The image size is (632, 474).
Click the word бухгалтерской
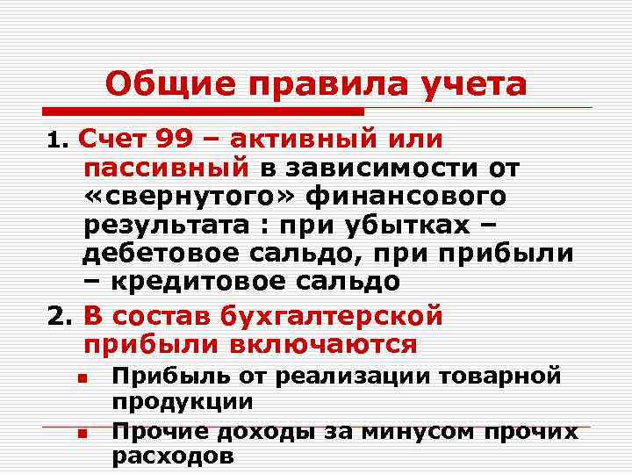tap(322, 314)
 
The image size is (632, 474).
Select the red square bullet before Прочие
tap(80, 433)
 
